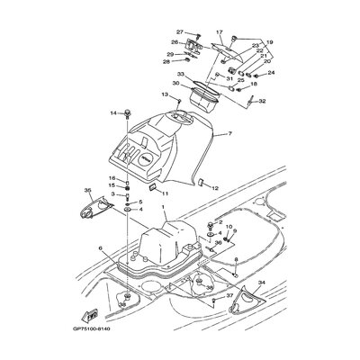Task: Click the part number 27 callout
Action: click(179, 31)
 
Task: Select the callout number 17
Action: click(219, 32)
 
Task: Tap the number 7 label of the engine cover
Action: click(229, 134)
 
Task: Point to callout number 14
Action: click(113, 113)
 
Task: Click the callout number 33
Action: click(180, 76)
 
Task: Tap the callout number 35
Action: click(88, 191)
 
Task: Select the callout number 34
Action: click(261, 283)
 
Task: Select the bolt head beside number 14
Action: click(126, 113)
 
